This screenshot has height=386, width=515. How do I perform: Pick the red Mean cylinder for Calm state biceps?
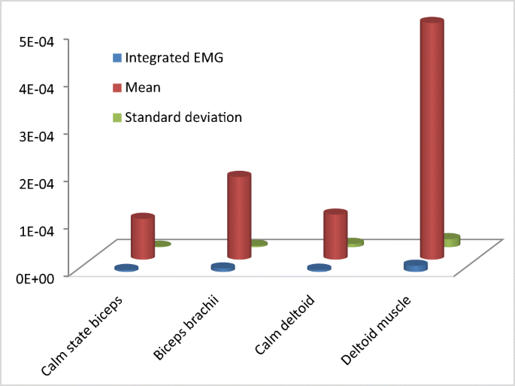tap(142, 237)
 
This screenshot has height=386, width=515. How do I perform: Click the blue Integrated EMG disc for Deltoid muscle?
tap(415, 266)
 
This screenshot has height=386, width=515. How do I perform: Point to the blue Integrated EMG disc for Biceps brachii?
tap(223, 267)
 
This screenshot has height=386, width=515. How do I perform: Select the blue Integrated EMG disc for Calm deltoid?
tap(319, 268)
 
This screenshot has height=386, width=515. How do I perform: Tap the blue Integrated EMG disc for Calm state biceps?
tap(126, 268)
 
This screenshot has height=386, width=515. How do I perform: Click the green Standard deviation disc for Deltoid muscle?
tap(451, 240)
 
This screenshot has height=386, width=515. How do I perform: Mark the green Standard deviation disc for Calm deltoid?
tap(354, 242)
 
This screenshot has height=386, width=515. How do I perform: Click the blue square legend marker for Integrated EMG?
tap(117, 58)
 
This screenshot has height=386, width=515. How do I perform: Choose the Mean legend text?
tap(143, 88)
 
